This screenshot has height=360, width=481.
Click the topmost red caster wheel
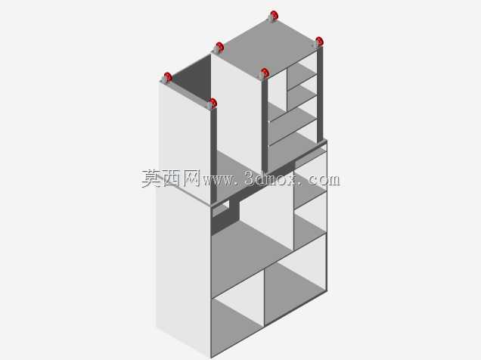point(274,15)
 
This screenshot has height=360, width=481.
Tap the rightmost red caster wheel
point(319,41)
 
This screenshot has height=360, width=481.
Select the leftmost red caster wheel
point(168,77)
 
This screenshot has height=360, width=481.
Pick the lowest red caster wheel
point(213,103)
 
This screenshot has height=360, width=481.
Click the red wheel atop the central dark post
point(265,73)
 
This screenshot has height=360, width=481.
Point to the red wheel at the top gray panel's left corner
point(219,47)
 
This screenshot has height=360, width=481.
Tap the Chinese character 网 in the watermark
point(191,178)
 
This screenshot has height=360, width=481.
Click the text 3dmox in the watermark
point(272,178)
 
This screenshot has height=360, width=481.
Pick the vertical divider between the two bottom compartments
point(264,297)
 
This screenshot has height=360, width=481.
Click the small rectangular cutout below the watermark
point(221,209)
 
